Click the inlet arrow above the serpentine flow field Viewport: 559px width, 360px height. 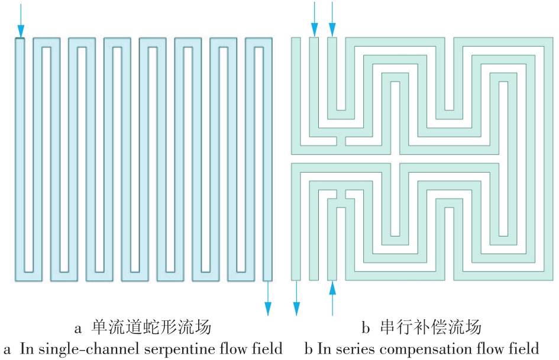pyautogui.click(x=21, y=20)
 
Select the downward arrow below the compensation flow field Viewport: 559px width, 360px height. pyautogui.click(x=296, y=299)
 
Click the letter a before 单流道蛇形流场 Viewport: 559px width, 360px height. pyautogui.click(x=78, y=327)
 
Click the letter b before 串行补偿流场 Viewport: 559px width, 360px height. pyautogui.click(x=366, y=326)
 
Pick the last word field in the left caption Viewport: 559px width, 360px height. pyautogui.click(x=266, y=348)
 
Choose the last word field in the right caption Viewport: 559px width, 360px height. pyautogui.click(x=526, y=348)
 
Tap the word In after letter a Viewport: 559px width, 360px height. pyautogui.click(x=27, y=348)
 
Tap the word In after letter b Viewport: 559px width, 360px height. pyautogui.click(x=325, y=348)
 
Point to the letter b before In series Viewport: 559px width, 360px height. pyautogui.click(x=308, y=348)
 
